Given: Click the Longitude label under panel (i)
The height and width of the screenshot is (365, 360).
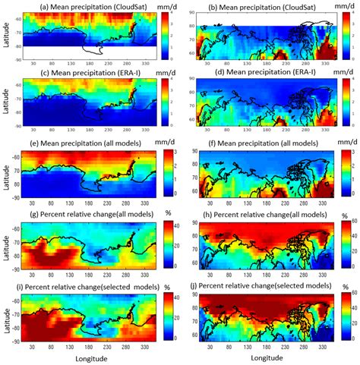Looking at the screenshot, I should click(89, 357).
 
